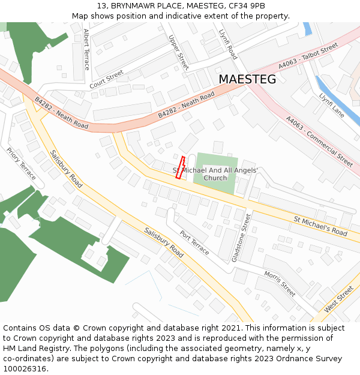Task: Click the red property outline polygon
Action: point(180,167)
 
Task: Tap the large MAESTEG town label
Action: point(247,79)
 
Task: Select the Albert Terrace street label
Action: point(86,49)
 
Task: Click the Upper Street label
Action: point(179,52)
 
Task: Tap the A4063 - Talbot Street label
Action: point(308,57)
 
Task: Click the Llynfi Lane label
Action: point(331,104)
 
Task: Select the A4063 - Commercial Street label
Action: point(319,141)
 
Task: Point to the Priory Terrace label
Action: point(22,164)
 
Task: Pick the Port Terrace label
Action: point(194,242)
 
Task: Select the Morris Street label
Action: point(280,283)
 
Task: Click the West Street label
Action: point(339,299)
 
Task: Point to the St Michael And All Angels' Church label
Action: point(215,174)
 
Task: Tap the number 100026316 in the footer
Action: point(25,368)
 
